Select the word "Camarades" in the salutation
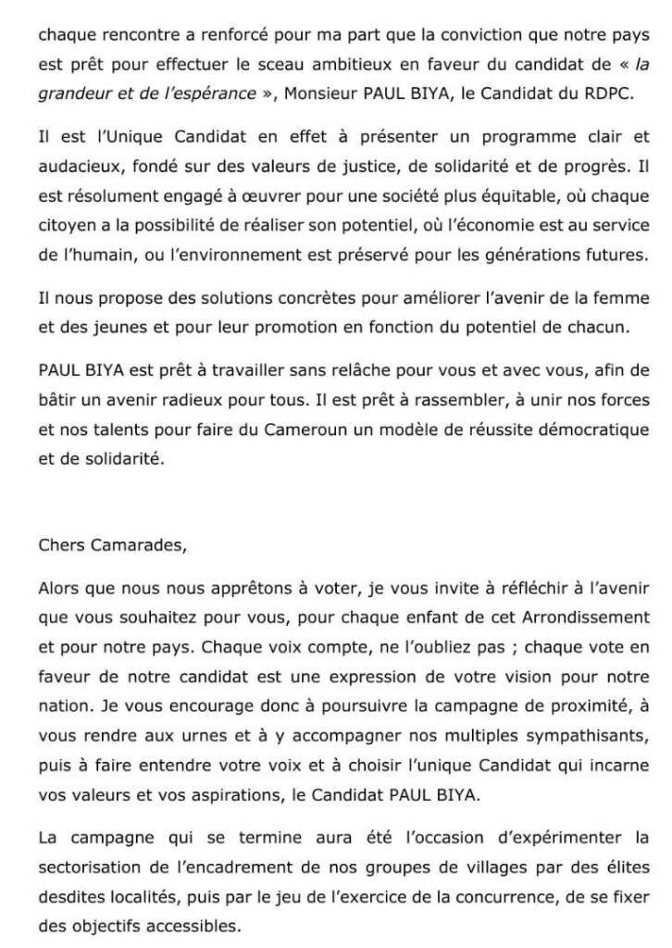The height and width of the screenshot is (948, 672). click(138, 544)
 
